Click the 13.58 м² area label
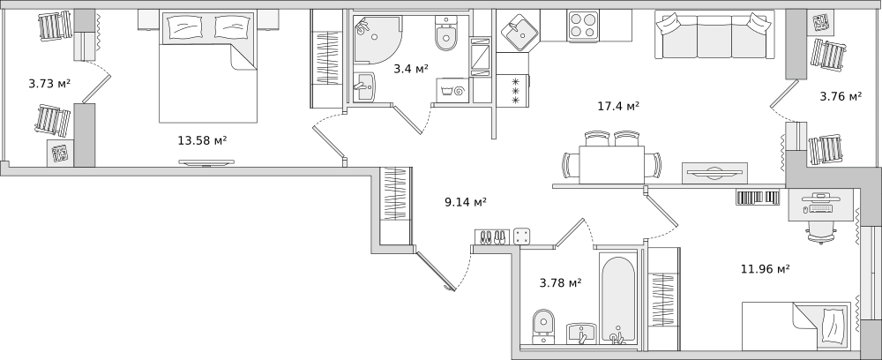(x=202, y=140)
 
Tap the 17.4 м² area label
(x=618, y=106)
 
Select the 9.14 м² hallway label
(x=465, y=203)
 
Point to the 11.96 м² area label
(x=765, y=269)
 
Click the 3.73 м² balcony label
(x=49, y=84)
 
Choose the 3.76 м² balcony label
(x=841, y=96)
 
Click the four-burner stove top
(x=583, y=26)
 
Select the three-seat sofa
(x=713, y=35)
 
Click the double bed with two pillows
(x=208, y=66)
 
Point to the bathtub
(x=617, y=299)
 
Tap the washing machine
(x=452, y=90)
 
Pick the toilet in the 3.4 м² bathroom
(x=446, y=34)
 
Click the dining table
(x=612, y=165)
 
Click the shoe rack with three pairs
(x=492, y=236)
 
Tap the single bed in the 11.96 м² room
(x=796, y=326)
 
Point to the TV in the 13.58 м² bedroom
(x=206, y=162)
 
